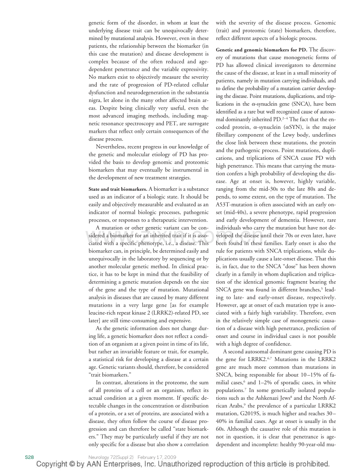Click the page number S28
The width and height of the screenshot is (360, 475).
tap(30, 457)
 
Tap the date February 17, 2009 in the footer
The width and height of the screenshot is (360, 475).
tap(157, 457)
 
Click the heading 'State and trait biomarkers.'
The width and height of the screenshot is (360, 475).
tap(118, 189)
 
